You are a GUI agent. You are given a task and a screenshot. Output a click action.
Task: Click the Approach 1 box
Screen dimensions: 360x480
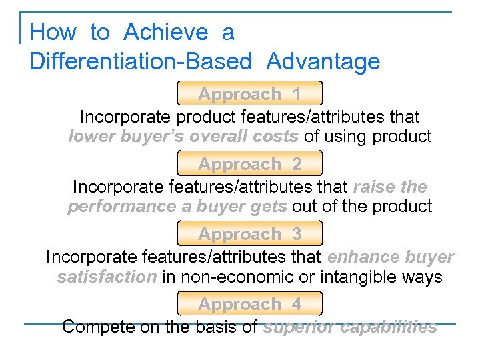click(x=249, y=93)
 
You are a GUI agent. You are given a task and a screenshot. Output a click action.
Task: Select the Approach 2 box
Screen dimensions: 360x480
click(x=249, y=163)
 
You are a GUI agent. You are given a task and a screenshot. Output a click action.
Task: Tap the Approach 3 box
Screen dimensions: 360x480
click(x=249, y=234)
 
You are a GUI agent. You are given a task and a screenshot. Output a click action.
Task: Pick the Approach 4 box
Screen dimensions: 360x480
click(x=249, y=304)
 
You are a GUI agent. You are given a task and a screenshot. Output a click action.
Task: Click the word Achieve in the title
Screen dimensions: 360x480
click(x=166, y=32)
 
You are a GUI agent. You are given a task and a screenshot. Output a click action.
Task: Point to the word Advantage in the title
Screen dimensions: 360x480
click(x=323, y=62)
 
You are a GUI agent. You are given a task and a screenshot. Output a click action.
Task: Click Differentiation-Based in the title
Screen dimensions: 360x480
click(x=140, y=62)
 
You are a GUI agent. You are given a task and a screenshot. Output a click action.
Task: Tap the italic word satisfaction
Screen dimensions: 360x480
click(x=107, y=277)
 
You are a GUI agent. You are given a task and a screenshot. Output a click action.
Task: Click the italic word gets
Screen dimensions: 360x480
click(x=267, y=207)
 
